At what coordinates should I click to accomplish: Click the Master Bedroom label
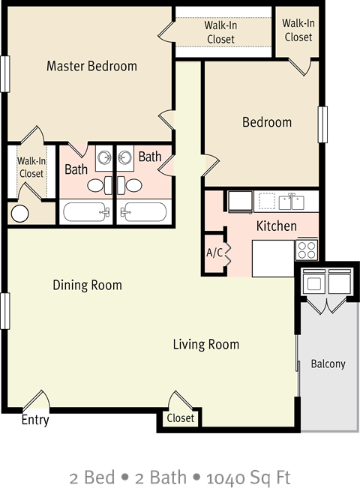tap(91, 66)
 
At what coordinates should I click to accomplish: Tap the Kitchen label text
tap(276, 226)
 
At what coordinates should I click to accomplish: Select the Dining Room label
tap(87, 285)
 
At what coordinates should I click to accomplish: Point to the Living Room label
tap(205, 345)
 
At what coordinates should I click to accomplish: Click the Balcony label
tap(328, 364)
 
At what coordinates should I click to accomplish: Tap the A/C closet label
tap(214, 253)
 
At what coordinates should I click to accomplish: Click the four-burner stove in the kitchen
tap(307, 249)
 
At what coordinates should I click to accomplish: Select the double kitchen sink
tap(291, 202)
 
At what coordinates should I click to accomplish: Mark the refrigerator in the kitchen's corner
tap(240, 202)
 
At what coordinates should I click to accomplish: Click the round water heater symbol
tap(19, 213)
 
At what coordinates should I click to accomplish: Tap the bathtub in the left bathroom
tap(86, 212)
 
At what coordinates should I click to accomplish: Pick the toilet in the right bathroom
tap(133, 184)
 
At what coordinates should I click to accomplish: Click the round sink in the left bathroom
tap(103, 158)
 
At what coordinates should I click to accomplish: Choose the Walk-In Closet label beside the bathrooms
tap(31, 167)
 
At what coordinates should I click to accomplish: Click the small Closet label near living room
tap(180, 418)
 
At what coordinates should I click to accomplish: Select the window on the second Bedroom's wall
tap(322, 124)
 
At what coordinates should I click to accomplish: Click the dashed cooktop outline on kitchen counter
tap(265, 201)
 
